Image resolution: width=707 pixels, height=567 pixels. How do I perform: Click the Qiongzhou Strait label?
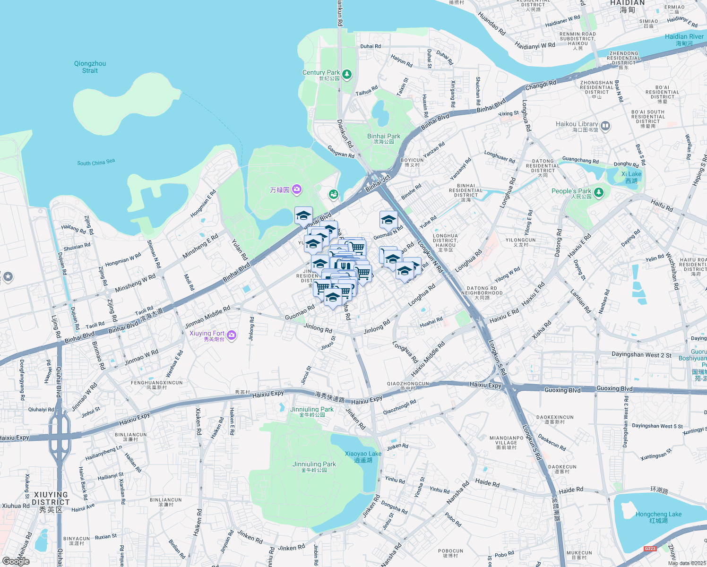tap(90, 67)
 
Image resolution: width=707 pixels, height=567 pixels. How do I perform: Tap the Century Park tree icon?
tap(347, 74)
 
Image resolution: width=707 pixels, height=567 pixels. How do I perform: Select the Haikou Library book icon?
tap(605, 126)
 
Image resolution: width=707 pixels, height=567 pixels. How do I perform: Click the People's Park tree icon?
tap(599, 192)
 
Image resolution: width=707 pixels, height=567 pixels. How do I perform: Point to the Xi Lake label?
tap(631, 177)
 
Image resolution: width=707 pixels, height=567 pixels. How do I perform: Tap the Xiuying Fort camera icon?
tap(232, 335)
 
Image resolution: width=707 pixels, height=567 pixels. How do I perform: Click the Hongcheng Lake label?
tap(658, 517)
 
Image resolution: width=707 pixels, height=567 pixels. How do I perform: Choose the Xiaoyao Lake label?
tap(363, 456)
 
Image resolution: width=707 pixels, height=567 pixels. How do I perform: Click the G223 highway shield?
tap(650, 549)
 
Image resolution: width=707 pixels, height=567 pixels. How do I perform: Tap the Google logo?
tap(16, 561)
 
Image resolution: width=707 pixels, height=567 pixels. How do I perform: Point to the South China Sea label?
tap(96, 163)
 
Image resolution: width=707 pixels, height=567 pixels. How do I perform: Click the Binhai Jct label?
tap(378, 183)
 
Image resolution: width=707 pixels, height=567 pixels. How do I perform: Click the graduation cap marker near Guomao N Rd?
tap(388, 220)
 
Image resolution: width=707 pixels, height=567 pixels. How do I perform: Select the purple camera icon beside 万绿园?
tap(297, 189)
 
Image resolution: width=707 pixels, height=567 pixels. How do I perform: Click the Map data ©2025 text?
tap(687, 563)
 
